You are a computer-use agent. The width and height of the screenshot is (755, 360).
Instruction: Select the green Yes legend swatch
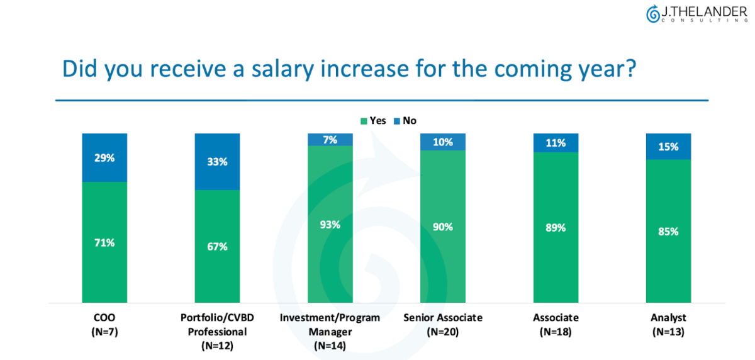[364, 121]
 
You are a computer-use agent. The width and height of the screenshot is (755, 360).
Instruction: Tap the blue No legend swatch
[396, 121]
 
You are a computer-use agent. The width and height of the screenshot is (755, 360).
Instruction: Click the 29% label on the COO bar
[104, 158]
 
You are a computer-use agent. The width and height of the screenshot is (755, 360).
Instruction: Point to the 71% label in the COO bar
[104, 242]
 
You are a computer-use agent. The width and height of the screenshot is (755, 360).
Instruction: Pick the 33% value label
[217, 162]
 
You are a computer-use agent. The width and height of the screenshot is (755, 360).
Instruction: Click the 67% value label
[217, 246]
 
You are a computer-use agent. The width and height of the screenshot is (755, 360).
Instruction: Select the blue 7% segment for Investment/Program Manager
[330, 139]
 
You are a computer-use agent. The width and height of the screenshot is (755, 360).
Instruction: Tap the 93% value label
[330, 224]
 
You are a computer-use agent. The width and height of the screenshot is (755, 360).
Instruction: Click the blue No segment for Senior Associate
[443, 142]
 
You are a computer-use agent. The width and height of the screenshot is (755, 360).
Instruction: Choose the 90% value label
[443, 227]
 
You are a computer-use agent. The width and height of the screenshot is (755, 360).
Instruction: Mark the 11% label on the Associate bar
[556, 143]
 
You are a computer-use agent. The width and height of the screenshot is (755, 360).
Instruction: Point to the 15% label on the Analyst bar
[668, 147]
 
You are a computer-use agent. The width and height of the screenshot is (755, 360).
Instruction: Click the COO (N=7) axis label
[104, 324]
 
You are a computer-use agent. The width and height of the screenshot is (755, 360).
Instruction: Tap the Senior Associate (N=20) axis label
[443, 324]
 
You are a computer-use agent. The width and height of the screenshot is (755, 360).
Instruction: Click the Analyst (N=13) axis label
[668, 324]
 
